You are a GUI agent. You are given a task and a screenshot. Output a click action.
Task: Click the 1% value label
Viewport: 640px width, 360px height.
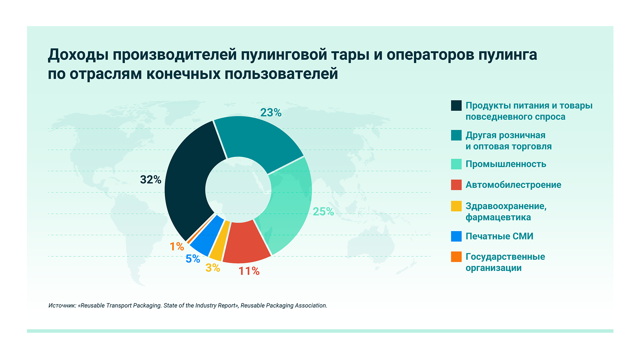coord(177,246)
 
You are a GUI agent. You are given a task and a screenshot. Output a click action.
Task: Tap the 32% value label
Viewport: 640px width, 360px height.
coord(150,180)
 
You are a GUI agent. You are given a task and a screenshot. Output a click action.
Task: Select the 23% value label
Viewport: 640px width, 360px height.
coord(271,113)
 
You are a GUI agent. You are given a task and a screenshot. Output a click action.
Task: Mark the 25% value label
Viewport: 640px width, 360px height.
coord(323,212)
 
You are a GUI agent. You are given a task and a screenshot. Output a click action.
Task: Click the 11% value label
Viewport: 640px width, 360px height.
coord(249,271)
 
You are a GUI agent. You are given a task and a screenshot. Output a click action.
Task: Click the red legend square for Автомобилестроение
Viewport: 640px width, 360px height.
coord(456,185)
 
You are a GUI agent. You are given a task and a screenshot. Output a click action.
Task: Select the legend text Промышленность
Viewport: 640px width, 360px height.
coord(506,164)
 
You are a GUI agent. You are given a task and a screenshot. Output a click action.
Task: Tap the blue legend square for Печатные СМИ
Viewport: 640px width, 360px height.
coord(456,236)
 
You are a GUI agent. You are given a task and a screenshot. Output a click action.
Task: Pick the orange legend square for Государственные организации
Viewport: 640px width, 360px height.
coord(456,257)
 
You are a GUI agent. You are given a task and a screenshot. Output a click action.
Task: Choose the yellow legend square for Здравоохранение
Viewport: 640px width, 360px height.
coord(456,206)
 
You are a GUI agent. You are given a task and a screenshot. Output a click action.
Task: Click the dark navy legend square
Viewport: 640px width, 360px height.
coord(456,106)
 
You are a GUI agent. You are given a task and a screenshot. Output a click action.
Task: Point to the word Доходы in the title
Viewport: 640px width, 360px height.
coord(78,55)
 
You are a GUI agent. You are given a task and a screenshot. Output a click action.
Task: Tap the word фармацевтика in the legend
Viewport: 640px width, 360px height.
coord(498,218)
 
